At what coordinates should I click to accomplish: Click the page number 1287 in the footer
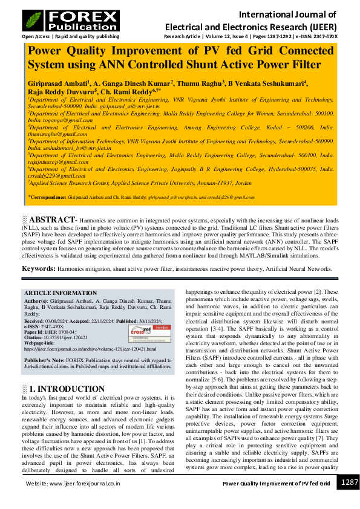[349, 482]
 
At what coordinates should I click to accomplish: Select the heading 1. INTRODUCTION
[67, 389]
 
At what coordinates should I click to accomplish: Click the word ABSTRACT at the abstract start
[51, 220]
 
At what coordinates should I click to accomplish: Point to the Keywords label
[39, 268]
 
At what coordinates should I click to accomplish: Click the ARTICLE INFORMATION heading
[59, 293]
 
